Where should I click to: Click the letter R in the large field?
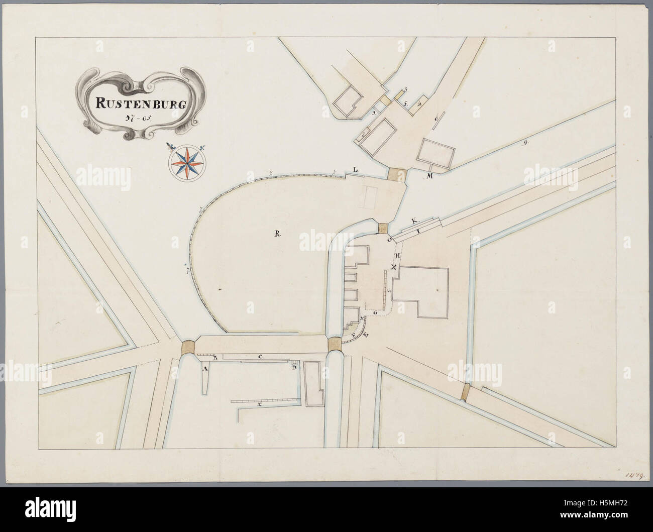[277, 233]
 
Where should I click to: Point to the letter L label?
[355, 170]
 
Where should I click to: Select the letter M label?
[430, 175]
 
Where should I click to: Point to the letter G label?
[375, 312]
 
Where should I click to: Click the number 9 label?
[525, 143]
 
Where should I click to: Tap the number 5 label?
[405, 103]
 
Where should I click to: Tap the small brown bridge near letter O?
[384, 227]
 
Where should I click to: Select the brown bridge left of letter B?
[189, 347]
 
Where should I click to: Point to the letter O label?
[390, 241]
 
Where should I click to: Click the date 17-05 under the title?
[135, 119]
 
